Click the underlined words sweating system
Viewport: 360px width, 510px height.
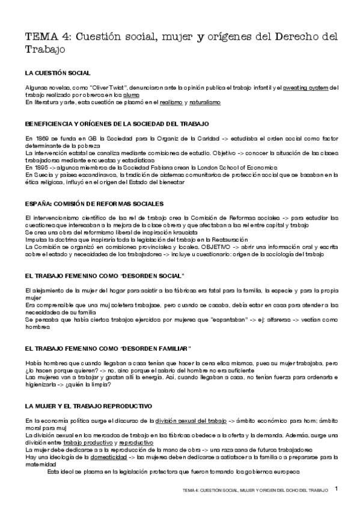tap(305, 88)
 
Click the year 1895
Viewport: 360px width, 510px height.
tap(39, 167)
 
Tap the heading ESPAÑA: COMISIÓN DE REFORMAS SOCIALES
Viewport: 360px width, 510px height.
tap(94, 204)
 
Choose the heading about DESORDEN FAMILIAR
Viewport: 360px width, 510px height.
tap(109, 349)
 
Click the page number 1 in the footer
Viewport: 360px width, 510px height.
tap(337, 490)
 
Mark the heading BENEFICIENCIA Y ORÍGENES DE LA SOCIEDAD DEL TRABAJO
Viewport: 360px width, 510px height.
tap(117, 124)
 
